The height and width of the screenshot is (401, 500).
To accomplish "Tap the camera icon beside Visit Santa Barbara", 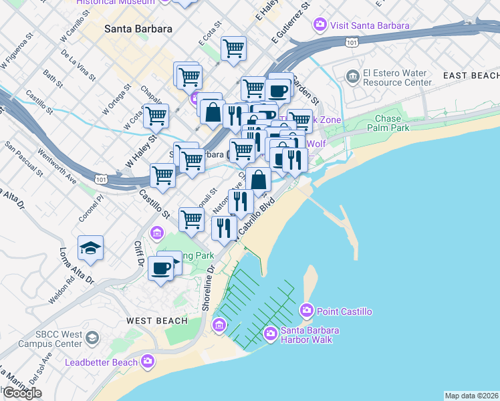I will [320, 25].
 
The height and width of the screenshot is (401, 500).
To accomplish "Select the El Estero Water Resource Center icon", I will [352, 76].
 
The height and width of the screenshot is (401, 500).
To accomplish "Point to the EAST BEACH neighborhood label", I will [471, 76].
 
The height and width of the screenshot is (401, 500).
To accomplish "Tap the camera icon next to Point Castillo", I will [307, 310].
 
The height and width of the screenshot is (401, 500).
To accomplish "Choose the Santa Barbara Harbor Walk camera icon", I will [270, 332].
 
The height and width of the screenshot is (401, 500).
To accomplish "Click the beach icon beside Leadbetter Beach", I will [148, 362].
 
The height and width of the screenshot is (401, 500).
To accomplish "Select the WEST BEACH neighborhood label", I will [156, 321].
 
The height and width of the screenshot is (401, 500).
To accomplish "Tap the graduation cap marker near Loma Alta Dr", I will [90, 248].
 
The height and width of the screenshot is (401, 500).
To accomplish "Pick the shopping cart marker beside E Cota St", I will [233, 47].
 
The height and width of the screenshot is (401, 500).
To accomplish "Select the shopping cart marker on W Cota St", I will [156, 115].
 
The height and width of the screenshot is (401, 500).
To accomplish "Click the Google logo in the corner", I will [21, 393].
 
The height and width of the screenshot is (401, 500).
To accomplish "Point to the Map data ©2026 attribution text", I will [471, 396].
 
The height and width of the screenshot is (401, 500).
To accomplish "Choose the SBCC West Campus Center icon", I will [92, 338].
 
